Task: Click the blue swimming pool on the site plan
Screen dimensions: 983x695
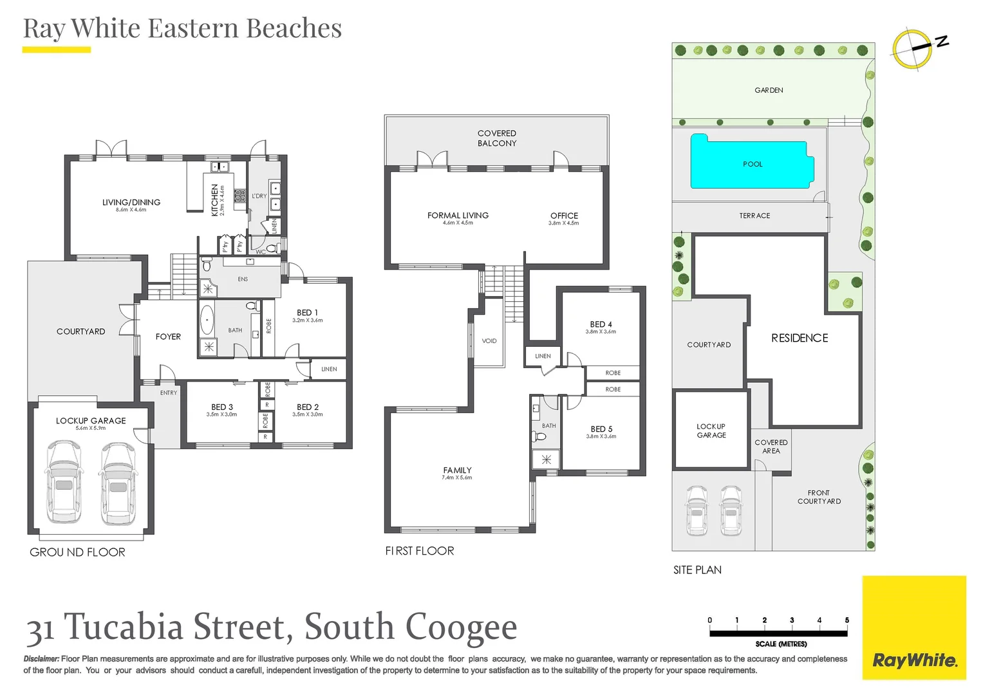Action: pyautogui.click(x=751, y=162)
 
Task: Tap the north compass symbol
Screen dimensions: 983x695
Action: pyautogui.click(x=913, y=48)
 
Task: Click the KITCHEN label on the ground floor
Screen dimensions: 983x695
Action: pyautogui.click(x=215, y=199)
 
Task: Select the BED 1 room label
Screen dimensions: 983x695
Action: pyautogui.click(x=307, y=313)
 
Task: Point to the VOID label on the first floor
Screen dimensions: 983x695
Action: pyautogui.click(x=489, y=341)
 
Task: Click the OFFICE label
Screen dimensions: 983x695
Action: pyautogui.click(x=564, y=216)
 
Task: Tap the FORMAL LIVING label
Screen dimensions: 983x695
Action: pyautogui.click(x=458, y=216)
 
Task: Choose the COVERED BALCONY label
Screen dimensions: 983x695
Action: pyautogui.click(x=497, y=138)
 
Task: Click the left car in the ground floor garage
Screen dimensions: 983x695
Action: pyautogui.click(x=64, y=482)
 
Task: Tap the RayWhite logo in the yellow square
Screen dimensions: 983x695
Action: pyautogui.click(x=914, y=660)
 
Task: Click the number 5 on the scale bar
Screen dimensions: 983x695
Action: pyautogui.click(x=847, y=620)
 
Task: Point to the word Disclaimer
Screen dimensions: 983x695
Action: pyautogui.click(x=41, y=659)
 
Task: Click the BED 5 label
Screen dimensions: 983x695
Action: pyautogui.click(x=601, y=429)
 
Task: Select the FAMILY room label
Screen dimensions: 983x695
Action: pyautogui.click(x=457, y=470)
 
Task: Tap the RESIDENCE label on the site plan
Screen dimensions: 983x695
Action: pyautogui.click(x=800, y=338)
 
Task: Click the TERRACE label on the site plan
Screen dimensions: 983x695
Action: pyautogui.click(x=754, y=216)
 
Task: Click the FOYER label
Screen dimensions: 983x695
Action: pyautogui.click(x=168, y=337)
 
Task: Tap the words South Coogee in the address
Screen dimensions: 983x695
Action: pyautogui.click(x=410, y=627)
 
